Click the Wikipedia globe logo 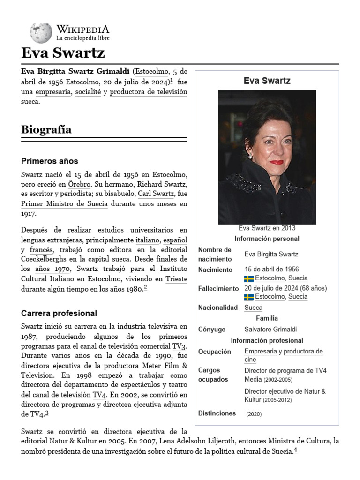click(x=41, y=33)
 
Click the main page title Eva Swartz click(x=63, y=52)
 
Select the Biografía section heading click(x=46, y=130)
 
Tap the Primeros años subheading click(x=49, y=161)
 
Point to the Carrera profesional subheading click(x=59, y=313)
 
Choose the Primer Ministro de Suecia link click(x=64, y=204)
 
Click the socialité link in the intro click(x=88, y=92)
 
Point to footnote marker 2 click(x=145, y=288)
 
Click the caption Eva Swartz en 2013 click(x=267, y=228)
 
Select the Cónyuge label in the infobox click(x=211, y=330)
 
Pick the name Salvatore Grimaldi click(x=270, y=330)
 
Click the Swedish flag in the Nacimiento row click(x=249, y=278)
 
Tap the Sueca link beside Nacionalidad click(x=253, y=308)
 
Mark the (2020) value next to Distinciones click(x=254, y=414)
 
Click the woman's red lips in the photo click(x=277, y=162)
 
